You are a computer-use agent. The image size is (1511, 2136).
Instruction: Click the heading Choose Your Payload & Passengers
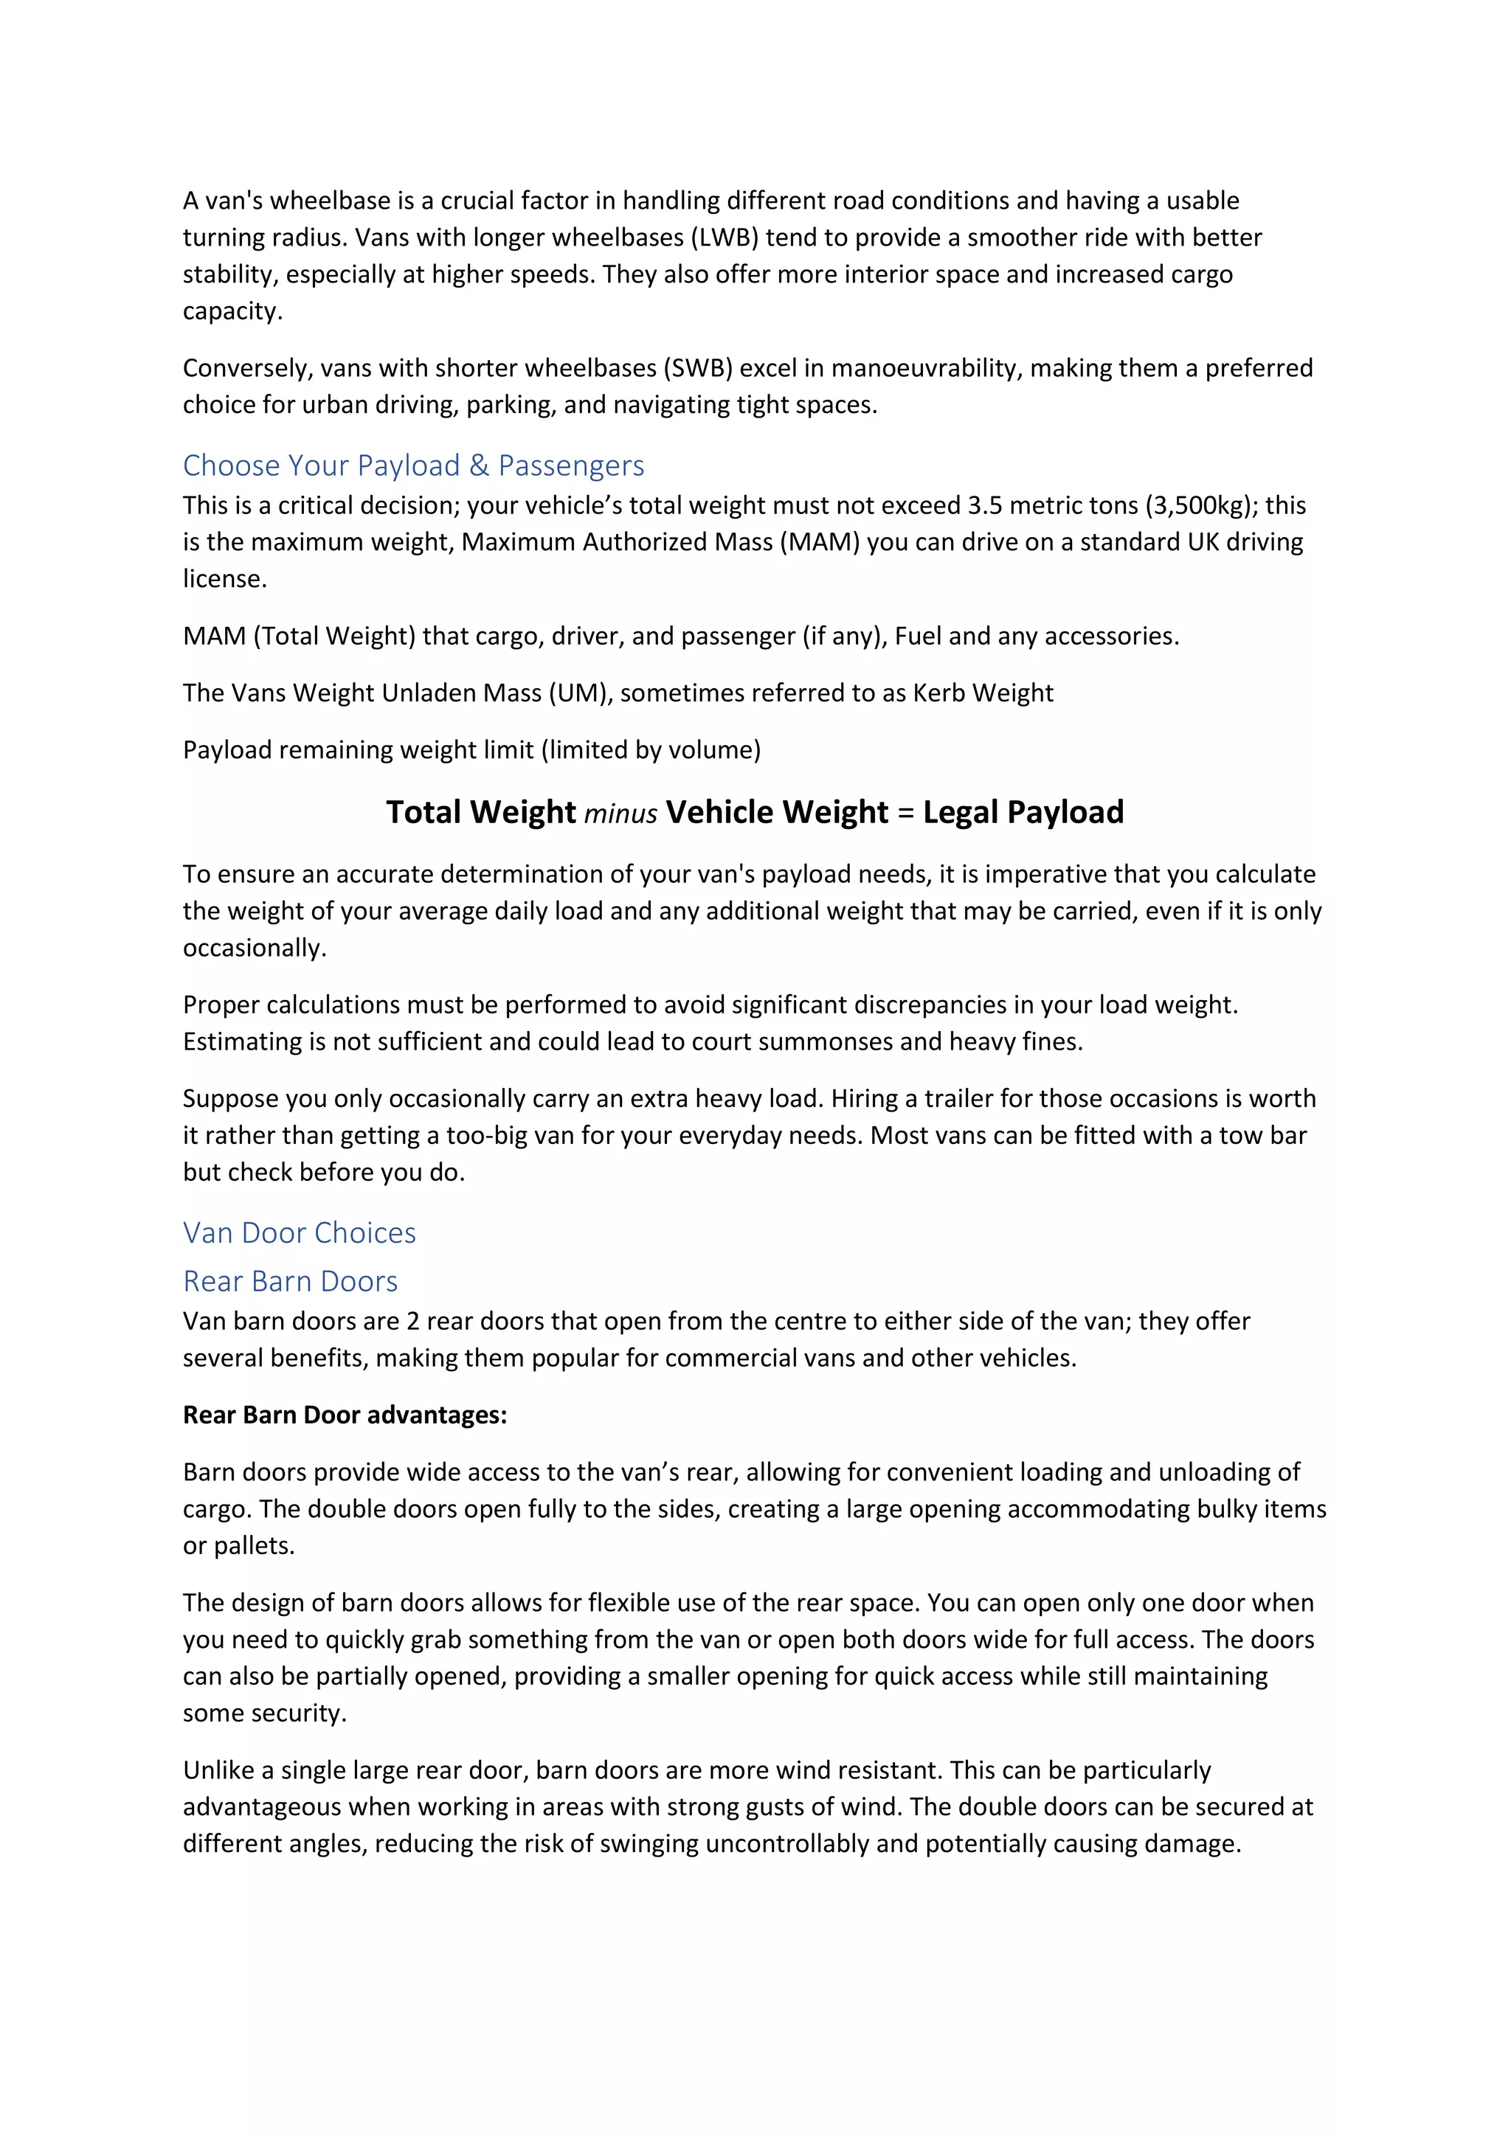413,465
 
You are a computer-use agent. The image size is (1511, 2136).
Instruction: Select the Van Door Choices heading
300,1232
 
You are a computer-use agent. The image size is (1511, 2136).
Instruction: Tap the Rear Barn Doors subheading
290,1281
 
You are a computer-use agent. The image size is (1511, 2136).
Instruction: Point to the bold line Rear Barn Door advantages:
345,1415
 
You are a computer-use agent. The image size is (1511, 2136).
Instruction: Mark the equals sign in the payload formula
905,813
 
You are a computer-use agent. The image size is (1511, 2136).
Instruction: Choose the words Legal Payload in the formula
1023,812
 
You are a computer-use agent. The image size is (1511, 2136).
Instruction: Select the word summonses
826,1042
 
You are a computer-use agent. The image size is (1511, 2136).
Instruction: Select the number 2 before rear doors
413,1322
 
